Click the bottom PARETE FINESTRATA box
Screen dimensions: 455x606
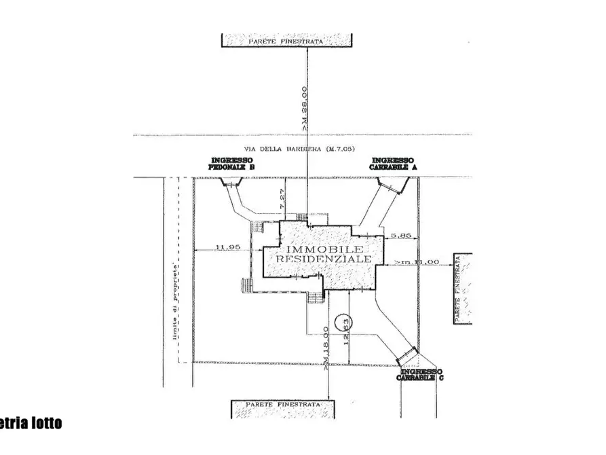[284, 410]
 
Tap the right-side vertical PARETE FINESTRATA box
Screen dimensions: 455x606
[462, 289]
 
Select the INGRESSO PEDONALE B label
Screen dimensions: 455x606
[231, 164]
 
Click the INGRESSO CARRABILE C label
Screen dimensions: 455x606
[421, 375]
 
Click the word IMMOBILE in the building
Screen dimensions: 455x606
[316, 249]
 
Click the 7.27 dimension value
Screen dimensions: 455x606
[285, 201]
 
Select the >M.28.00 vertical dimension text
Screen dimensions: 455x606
[303, 108]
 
